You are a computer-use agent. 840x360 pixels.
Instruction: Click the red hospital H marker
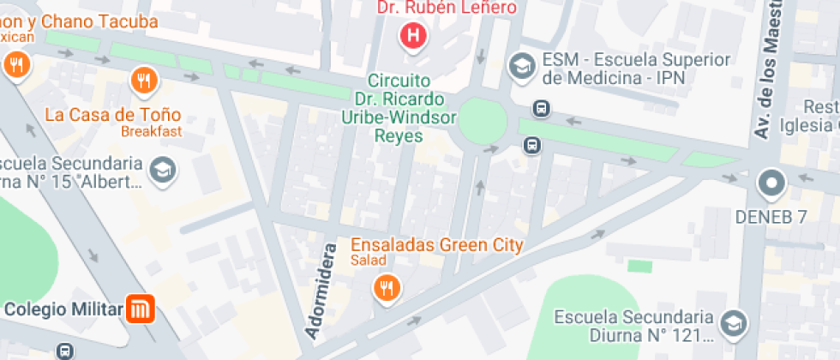(x=413, y=36)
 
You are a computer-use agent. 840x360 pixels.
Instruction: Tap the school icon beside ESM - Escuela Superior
(x=519, y=65)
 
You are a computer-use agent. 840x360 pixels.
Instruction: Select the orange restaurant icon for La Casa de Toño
(x=143, y=81)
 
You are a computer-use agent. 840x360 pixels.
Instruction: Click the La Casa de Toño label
(x=113, y=114)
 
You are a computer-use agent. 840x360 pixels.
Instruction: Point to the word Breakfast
(x=151, y=131)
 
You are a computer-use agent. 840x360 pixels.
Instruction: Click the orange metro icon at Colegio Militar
(x=139, y=309)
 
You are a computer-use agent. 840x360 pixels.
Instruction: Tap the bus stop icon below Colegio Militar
(x=65, y=351)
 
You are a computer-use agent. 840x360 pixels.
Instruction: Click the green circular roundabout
(x=483, y=122)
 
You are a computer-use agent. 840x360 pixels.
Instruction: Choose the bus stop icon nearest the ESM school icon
(x=541, y=109)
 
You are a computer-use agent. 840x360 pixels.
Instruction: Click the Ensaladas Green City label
(x=437, y=244)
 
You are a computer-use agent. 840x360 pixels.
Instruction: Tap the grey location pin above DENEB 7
(x=771, y=183)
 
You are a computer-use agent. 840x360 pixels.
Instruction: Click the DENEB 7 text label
(x=771, y=217)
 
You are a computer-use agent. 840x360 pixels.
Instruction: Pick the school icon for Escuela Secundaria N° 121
(x=734, y=324)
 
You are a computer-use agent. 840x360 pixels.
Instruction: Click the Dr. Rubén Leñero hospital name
(x=447, y=8)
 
